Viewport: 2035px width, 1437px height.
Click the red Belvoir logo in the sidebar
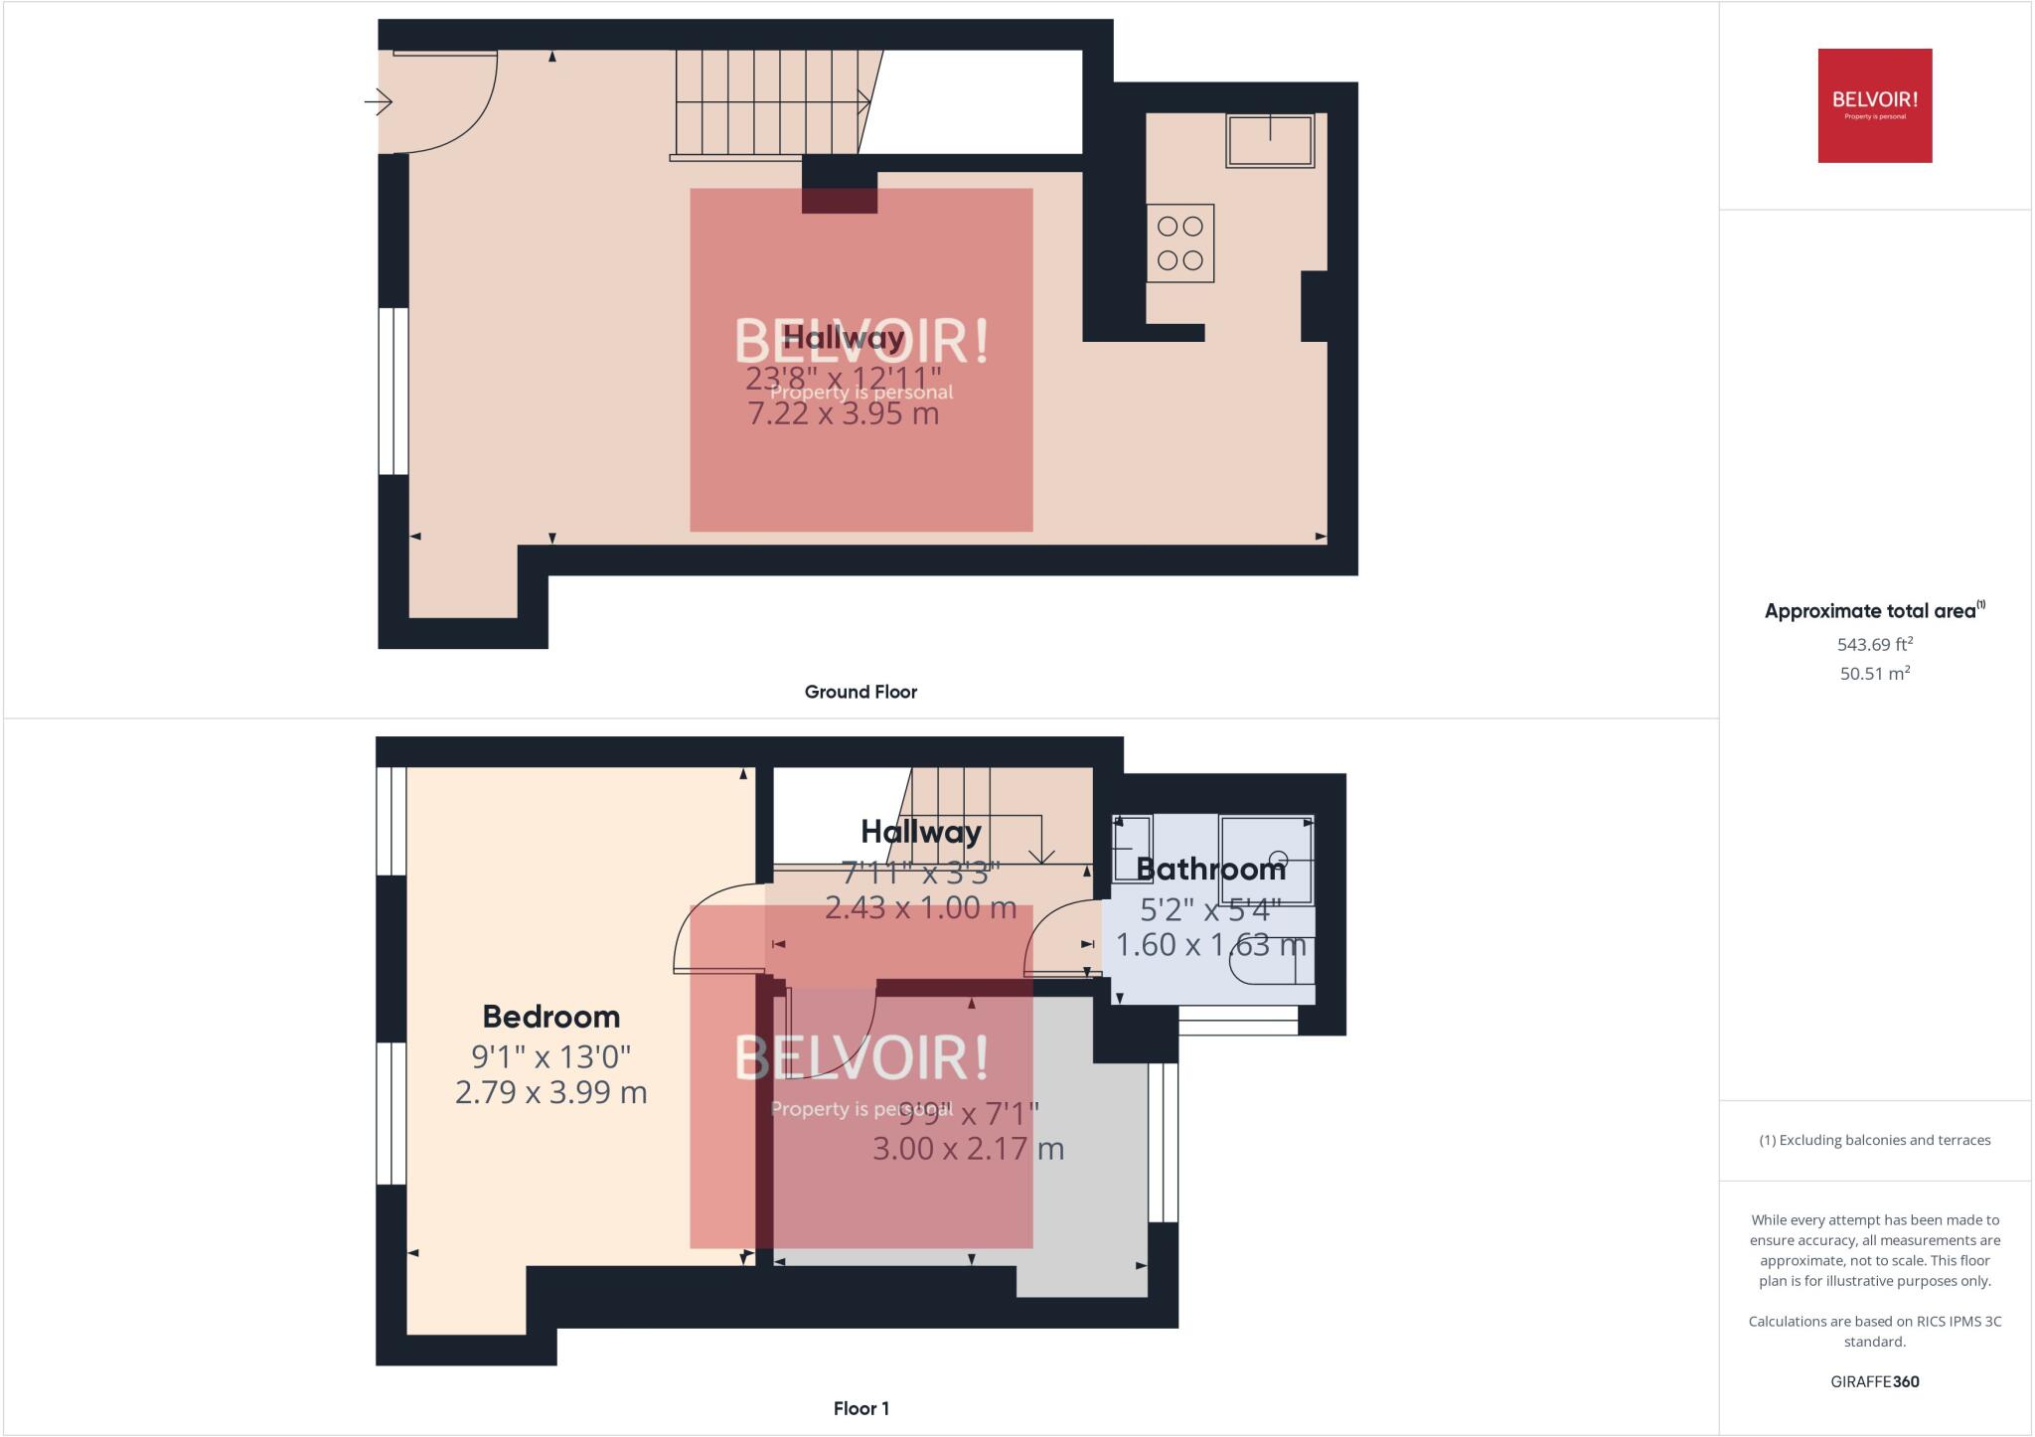(x=1874, y=105)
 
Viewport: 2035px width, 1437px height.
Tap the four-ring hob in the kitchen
(x=1179, y=243)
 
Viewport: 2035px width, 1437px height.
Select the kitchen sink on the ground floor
(x=1269, y=140)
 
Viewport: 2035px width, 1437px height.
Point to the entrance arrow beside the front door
(x=379, y=101)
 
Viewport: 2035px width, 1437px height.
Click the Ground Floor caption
(x=861, y=692)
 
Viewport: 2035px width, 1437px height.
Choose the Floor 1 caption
(x=861, y=1408)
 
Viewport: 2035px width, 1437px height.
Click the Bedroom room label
(x=550, y=1017)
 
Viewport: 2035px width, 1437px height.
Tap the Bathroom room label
(x=1210, y=870)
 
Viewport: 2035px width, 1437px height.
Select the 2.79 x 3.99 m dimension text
(x=550, y=1092)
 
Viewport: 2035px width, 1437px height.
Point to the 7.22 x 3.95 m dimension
(x=843, y=413)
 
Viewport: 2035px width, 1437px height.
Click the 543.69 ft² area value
(x=1874, y=644)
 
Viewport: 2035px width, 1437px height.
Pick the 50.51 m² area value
(x=1874, y=673)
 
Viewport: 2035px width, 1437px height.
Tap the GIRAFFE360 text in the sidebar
(x=1874, y=1381)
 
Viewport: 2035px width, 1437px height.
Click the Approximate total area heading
(x=1872, y=611)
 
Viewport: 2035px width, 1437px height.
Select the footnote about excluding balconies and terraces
(x=1874, y=1140)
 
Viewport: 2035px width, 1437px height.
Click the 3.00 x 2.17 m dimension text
(x=968, y=1149)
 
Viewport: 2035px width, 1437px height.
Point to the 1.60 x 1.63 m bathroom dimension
(x=1210, y=944)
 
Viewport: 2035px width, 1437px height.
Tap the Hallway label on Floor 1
(x=920, y=832)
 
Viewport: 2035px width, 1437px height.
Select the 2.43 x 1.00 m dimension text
(x=920, y=907)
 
